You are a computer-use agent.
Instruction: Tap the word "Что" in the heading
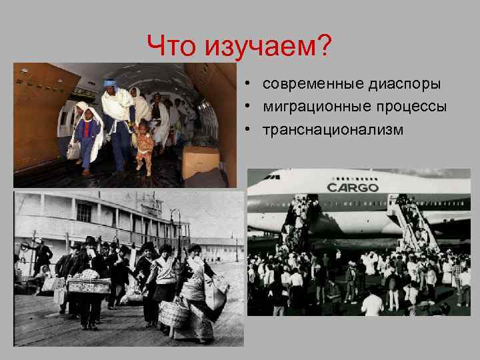(173, 47)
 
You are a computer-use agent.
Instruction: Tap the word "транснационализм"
(333, 129)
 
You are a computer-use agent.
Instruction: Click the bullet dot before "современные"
(247, 85)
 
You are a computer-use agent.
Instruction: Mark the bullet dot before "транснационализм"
(247, 129)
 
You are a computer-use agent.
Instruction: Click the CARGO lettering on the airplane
(353, 187)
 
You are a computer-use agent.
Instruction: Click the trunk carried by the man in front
(89, 285)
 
